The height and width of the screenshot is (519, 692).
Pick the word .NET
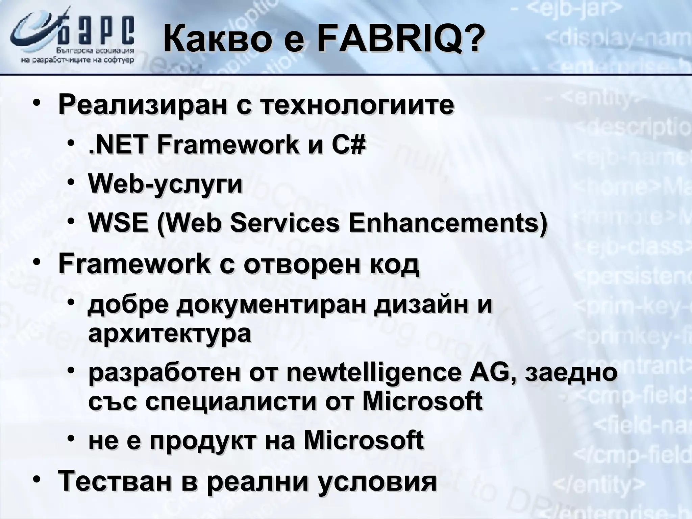pyautogui.click(x=118, y=145)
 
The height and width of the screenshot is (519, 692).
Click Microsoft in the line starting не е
pyautogui.click(x=364, y=441)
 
